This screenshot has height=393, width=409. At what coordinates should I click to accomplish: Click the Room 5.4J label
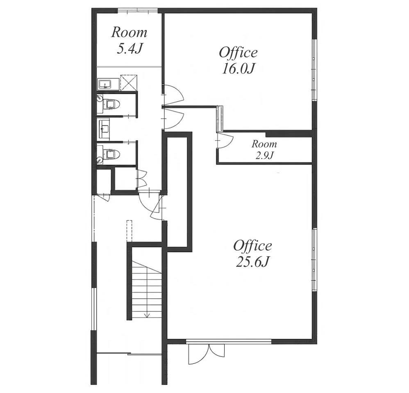pyautogui.click(x=130, y=41)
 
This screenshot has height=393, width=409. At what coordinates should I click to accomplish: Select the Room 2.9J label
pyautogui.click(x=264, y=150)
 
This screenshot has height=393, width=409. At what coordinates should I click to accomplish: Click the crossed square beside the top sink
pyautogui.click(x=129, y=83)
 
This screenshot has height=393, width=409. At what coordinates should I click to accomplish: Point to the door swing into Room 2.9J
pyautogui.click(x=225, y=141)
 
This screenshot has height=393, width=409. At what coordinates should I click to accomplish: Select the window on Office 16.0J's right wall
pyautogui.click(x=315, y=69)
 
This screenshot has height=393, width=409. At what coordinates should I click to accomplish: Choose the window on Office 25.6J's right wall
pyautogui.click(x=315, y=258)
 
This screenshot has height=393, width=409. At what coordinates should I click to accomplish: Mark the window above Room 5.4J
pyautogui.click(x=137, y=10)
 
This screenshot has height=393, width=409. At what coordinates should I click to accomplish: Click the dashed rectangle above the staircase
pyautogui.click(x=130, y=231)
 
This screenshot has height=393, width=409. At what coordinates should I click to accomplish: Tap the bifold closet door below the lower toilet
pyautogui.click(x=142, y=178)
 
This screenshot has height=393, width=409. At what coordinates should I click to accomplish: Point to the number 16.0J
pyautogui.click(x=238, y=69)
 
